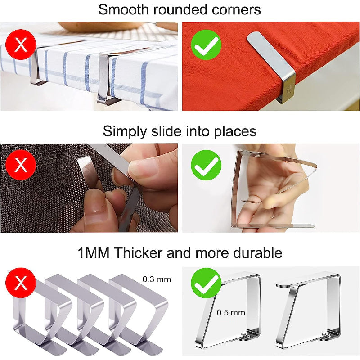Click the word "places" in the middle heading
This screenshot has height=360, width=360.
pos(231,132)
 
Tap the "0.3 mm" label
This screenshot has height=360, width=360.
pos(157,279)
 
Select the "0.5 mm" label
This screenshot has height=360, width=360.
pos(231,312)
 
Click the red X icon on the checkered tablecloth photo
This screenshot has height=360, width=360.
pos(21,45)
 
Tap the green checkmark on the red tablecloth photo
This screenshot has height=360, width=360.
pos(206,45)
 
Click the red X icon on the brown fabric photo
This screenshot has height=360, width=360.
pos(21,165)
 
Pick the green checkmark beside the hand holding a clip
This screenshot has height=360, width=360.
pos(206,165)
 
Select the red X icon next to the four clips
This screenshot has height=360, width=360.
pos(21,284)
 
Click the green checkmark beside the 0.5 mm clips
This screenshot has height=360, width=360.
pos(206,283)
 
